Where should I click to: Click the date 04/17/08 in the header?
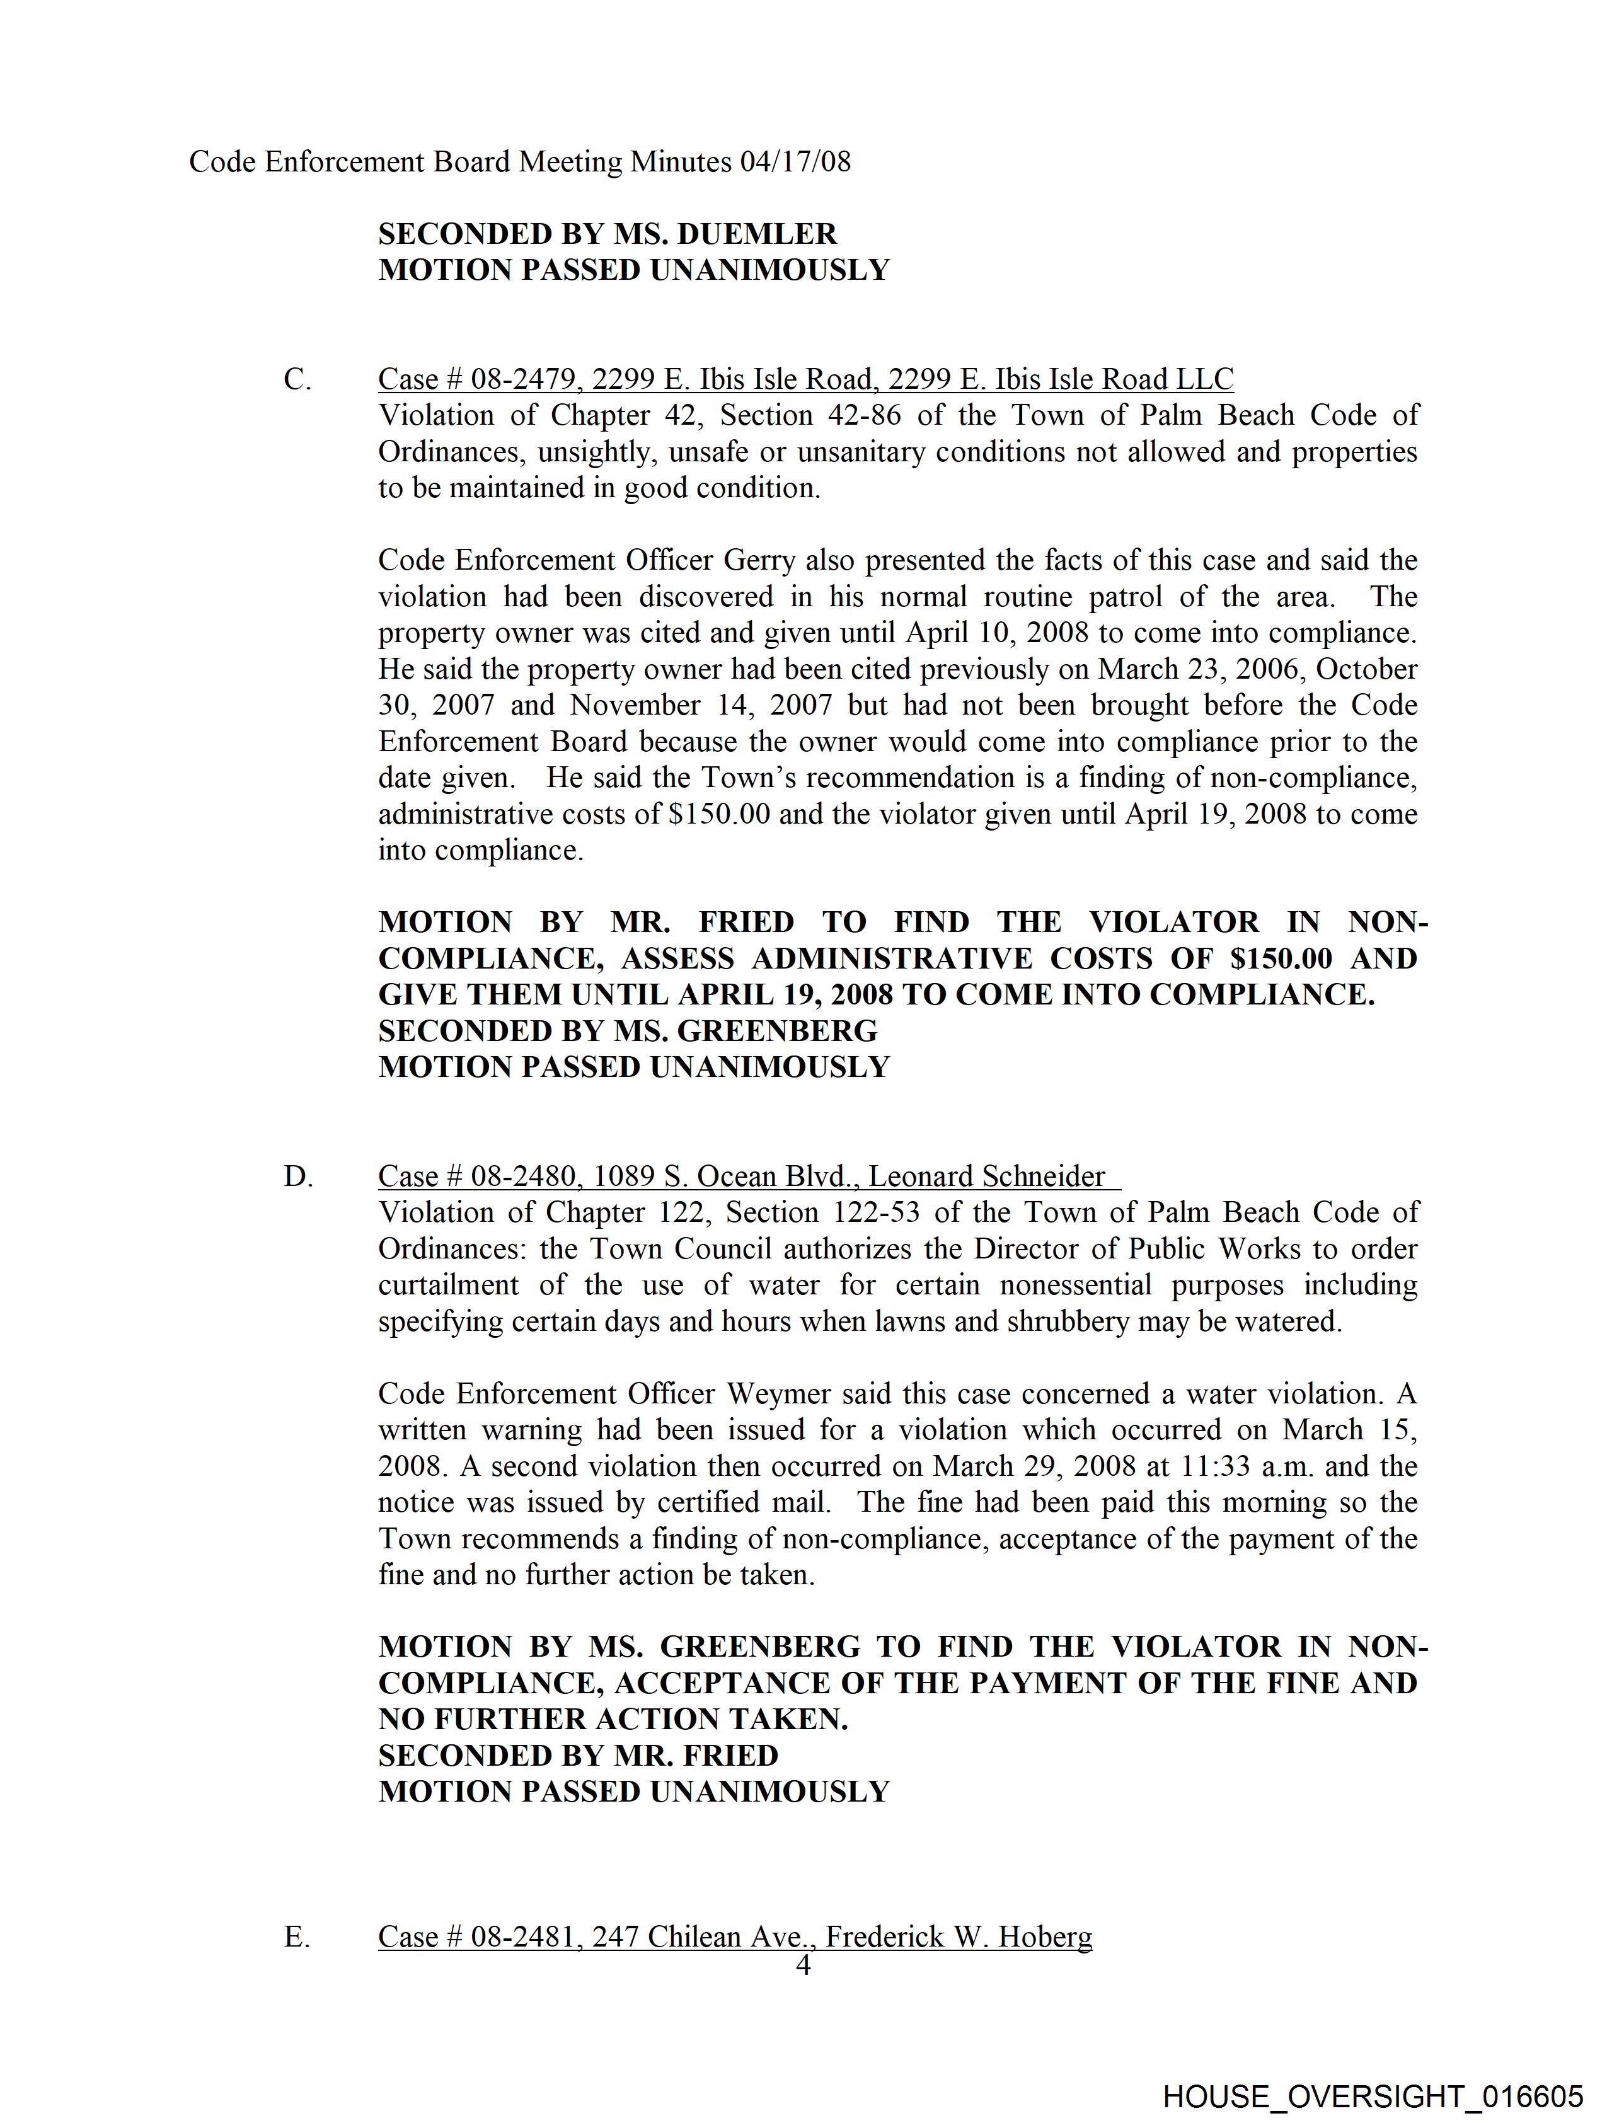(794, 161)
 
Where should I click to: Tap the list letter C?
(297, 379)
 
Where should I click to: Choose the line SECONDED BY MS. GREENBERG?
(628, 1031)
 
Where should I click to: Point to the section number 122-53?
(870, 1212)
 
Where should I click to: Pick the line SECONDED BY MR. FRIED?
(578, 1756)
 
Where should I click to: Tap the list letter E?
(297, 1937)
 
